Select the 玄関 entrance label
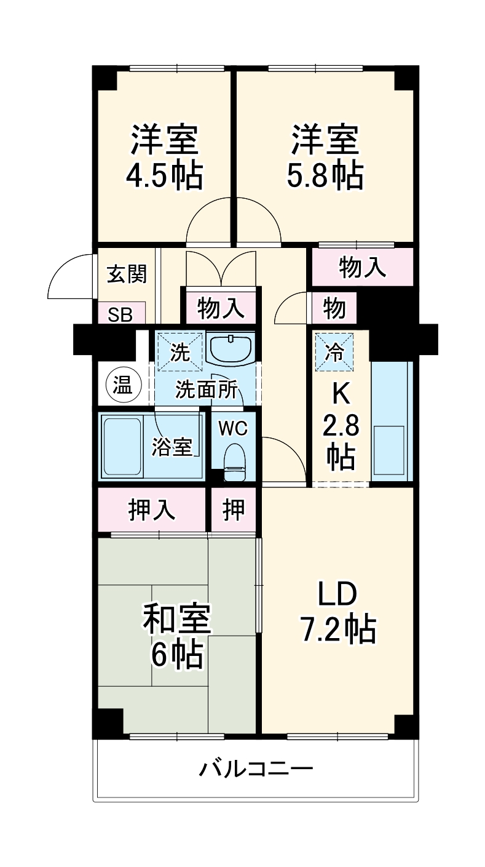pyautogui.click(x=127, y=274)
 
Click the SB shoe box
pyautogui.click(x=120, y=314)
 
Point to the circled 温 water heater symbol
pyautogui.click(x=124, y=386)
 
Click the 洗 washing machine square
pyautogui.click(x=180, y=352)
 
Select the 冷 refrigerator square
pyautogui.click(x=334, y=352)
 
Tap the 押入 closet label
pyautogui.click(x=152, y=509)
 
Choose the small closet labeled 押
pyautogui.click(x=234, y=509)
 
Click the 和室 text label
pyautogui.click(x=177, y=618)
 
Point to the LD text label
pyautogui.click(x=337, y=594)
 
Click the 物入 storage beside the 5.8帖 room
pyautogui.click(x=363, y=267)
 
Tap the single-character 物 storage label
pyautogui.click(x=334, y=308)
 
